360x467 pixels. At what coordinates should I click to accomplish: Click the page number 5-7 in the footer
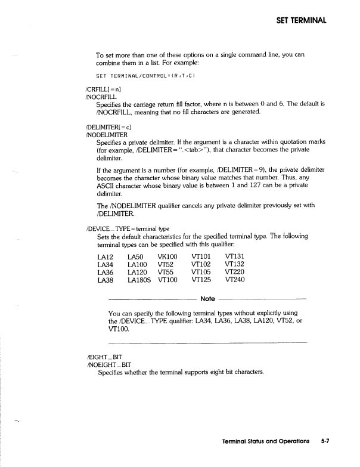[325, 441]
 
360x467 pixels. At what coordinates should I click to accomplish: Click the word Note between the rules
[208, 298]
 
